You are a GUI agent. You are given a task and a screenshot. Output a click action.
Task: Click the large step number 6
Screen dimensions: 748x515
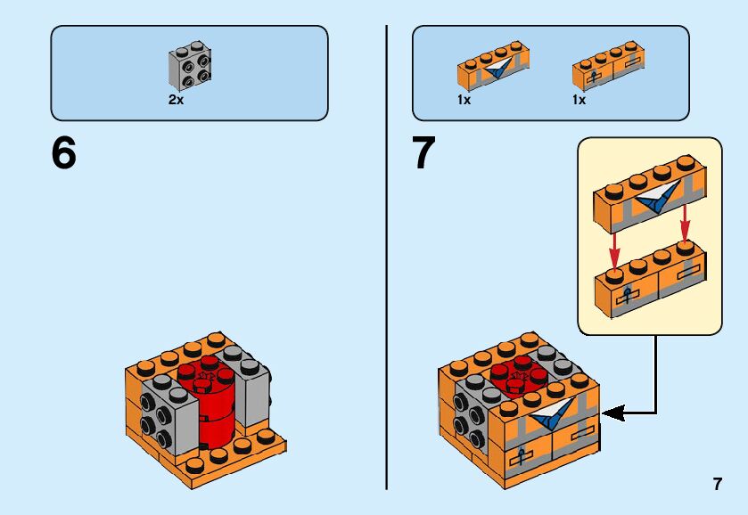tap(64, 154)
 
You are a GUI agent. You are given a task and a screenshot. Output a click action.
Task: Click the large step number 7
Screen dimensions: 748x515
tap(423, 154)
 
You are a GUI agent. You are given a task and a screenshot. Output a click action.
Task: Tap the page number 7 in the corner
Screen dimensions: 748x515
tap(717, 485)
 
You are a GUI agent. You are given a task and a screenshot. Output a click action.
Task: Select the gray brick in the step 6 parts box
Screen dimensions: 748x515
tap(190, 69)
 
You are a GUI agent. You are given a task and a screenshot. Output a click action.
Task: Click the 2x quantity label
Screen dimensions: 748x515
tap(176, 101)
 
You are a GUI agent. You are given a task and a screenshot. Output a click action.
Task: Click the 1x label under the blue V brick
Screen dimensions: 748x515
tap(464, 101)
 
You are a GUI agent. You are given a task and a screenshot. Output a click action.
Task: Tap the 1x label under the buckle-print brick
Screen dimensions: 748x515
tap(579, 101)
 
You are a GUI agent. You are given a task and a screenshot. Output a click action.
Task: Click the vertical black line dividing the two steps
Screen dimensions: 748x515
tap(387, 258)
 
